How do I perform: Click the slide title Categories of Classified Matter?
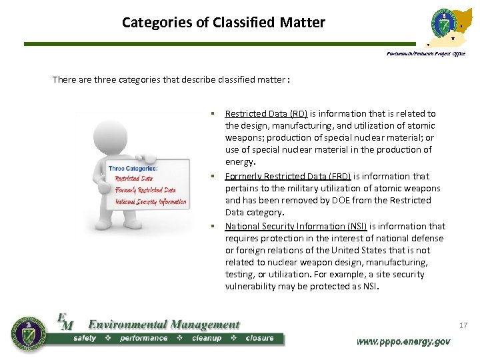[223, 23]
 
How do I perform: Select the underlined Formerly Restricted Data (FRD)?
[288, 176]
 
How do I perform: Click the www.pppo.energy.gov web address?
[403, 341]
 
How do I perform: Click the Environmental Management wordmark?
[163, 325]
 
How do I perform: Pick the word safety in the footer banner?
[85, 338]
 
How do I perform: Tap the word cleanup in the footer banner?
[207, 338]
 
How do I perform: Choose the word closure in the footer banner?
[259, 338]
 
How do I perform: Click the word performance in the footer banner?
[144, 338]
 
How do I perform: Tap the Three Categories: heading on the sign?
[133, 169]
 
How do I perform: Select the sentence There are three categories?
[171, 80]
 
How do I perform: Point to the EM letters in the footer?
[65, 321]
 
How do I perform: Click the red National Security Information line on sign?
[151, 201]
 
